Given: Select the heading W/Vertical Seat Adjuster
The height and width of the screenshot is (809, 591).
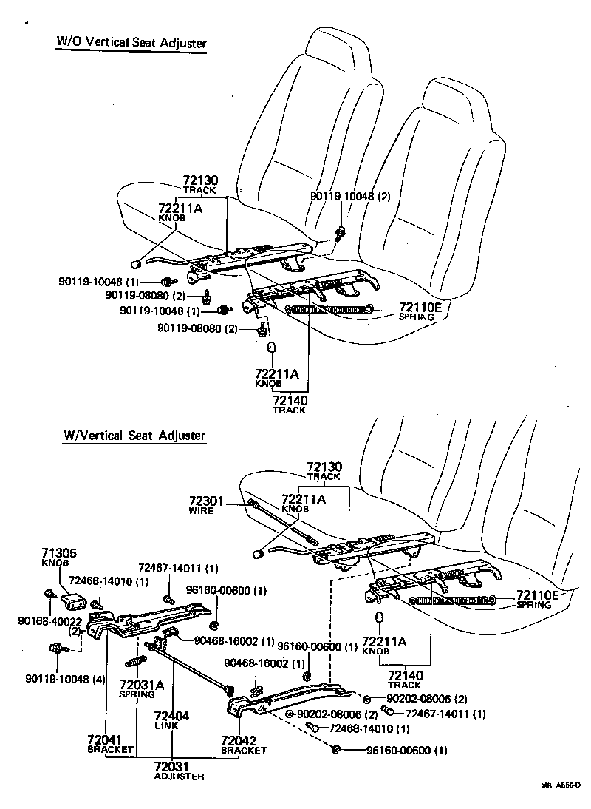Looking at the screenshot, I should point(134,436).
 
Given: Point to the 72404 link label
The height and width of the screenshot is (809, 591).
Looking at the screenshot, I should point(171,717).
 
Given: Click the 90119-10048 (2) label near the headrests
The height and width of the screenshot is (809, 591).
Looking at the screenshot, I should point(349,196).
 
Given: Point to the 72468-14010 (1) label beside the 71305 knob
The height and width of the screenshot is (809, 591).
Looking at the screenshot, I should point(109,580).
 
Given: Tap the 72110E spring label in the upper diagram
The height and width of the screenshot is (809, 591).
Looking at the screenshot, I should point(420,307).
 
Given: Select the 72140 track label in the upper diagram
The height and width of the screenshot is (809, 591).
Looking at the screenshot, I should point(289,400).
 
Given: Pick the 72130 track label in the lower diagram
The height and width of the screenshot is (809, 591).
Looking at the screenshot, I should point(324,467).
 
